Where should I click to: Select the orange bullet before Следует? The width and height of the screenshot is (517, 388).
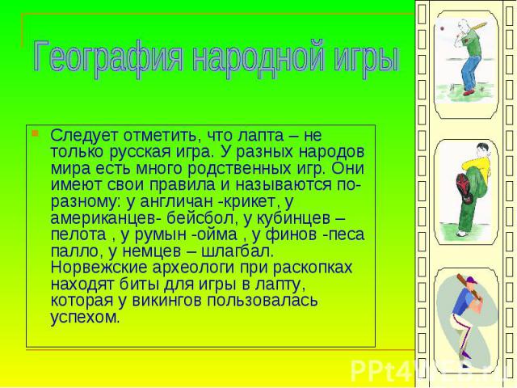point(35,133)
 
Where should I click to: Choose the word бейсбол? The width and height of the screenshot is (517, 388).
point(200,218)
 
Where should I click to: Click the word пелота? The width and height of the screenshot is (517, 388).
point(78,234)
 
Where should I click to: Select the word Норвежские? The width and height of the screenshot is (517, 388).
point(99,268)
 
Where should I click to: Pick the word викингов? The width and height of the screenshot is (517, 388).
point(166,301)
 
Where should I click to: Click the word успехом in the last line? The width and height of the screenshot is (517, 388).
point(85,318)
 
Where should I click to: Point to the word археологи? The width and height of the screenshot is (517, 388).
point(194,268)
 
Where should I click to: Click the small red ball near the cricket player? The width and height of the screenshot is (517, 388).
point(442,29)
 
